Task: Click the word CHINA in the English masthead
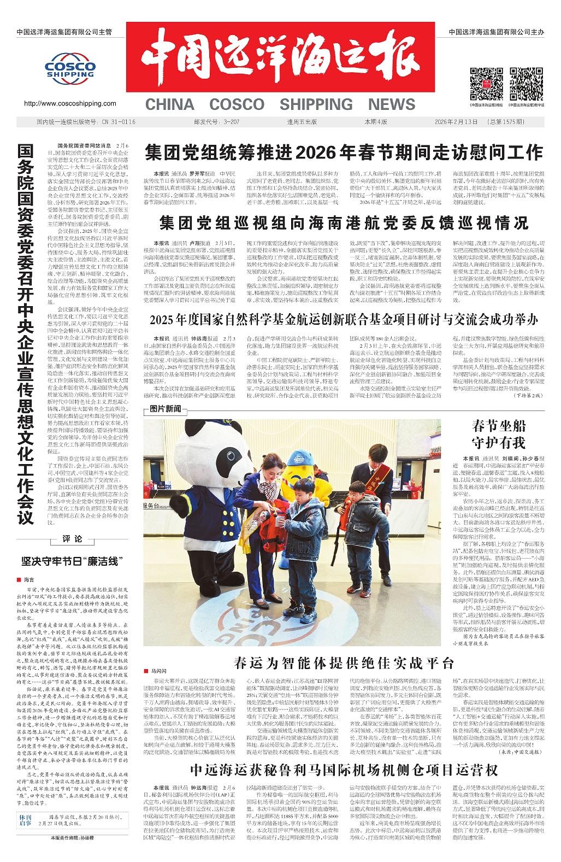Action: click(169, 104)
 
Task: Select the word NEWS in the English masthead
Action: click(391, 104)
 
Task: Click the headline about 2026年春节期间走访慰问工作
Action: click(344, 153)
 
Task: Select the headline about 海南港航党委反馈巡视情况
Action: click(344, 222)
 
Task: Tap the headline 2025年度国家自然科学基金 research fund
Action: click(344, 319)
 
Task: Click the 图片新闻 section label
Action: click(166, 408)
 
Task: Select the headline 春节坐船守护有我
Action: click(498, 434)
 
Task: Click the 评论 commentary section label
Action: click(72, 539)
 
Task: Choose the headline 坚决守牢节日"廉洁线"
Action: click(70, 561)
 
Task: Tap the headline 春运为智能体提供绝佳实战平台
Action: click(344, 663)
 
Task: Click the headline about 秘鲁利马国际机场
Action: click(344, 770)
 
